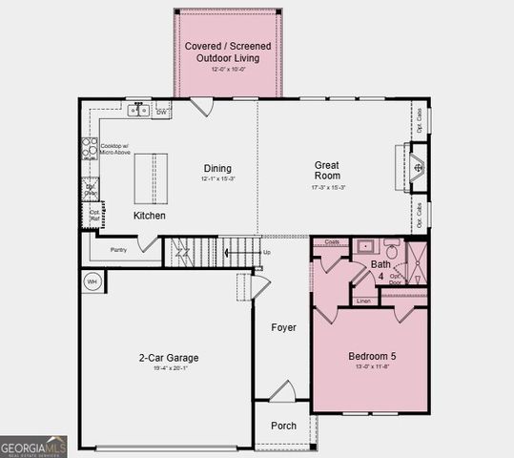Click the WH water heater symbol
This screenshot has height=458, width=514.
coord(93,281)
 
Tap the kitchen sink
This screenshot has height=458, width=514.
coord(140,111)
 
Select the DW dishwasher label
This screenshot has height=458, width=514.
coord(162,112)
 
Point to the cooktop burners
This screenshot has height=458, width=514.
coord(90,147)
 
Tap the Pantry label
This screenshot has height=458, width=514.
coord(118,250)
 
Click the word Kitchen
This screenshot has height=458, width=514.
coord(149,216)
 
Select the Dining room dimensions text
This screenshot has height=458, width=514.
coord(217,179)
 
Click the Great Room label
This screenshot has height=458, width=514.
coord(327,170)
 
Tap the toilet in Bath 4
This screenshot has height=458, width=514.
coord(392,246)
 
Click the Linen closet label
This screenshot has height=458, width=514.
coord(363,302)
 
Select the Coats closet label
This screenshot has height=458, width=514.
coord(332,242)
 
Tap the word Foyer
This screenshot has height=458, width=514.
coord(283,327)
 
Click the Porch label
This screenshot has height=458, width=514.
coord(283,426)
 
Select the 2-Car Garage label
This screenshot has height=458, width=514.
coord(168,358)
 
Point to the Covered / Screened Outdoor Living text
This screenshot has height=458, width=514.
coord(229,52)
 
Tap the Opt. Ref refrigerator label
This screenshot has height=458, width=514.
coord(93,215)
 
